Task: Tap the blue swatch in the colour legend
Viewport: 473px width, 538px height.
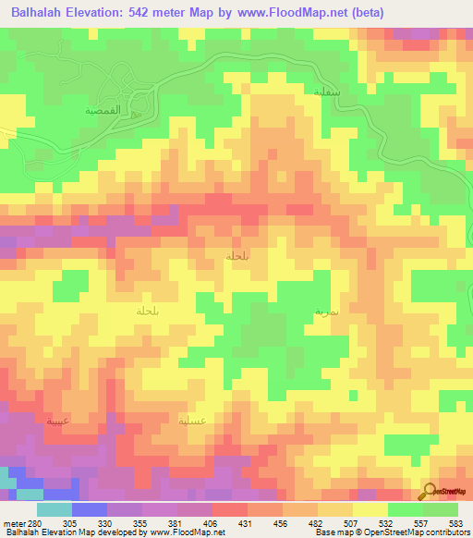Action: [x=90, y=509]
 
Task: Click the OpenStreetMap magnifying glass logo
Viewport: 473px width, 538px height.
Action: [x=430, y=492]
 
